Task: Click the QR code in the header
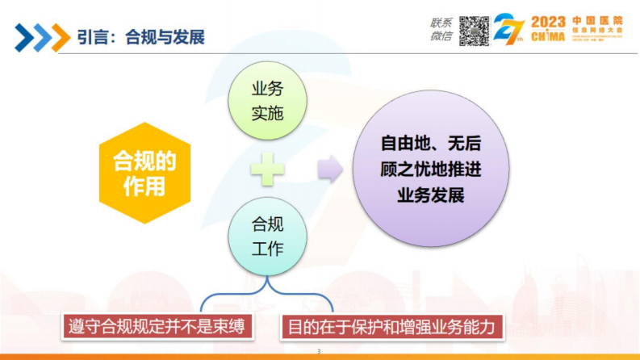coord(475,30)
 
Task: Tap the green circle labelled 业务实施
coord(267,102)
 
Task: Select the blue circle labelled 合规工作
coord(267,237)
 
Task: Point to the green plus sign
coord(267,170)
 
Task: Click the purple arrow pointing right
coord(329,170)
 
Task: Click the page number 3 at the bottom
coord(320,352)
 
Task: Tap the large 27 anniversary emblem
coord(510,30)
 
